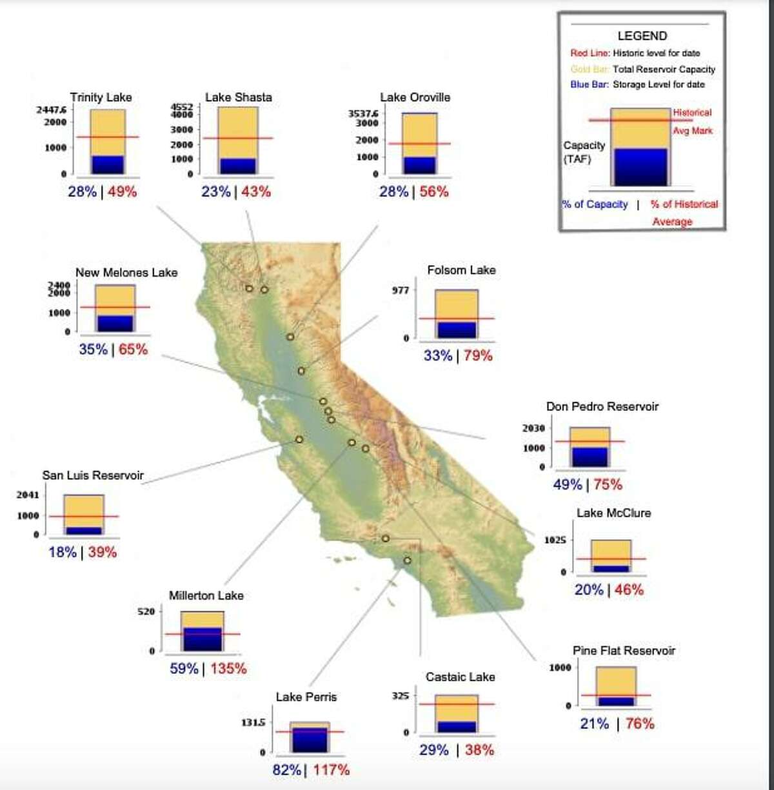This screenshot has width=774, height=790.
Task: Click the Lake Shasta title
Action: coord(238,97)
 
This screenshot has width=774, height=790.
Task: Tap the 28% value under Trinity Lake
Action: coord(82,192)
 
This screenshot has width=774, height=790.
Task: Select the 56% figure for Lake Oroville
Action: coord(434,192)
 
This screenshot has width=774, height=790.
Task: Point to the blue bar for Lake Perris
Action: coord(309,740)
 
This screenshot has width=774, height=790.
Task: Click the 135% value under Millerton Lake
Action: coord(228,669)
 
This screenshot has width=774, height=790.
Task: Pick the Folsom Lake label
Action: coord(461,270)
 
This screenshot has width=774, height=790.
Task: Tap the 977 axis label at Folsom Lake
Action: coord(401,291)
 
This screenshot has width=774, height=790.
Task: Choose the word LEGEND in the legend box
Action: coord(642,36)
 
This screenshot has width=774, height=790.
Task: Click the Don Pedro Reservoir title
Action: coord(602,406)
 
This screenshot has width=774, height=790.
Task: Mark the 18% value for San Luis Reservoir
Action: coord(63,553)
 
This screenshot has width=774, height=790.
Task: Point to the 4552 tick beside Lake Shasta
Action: coord(181,107)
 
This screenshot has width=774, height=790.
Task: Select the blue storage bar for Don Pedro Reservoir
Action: coord(590,457)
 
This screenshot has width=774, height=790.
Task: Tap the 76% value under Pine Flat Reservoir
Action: coord(640,724)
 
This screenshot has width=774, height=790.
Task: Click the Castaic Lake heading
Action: coord(460,677)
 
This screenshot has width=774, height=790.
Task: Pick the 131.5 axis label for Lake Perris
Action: coord(253,723)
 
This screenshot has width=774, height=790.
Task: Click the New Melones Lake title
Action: coord(126,273)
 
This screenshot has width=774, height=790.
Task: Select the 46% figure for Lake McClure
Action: coord(629,589)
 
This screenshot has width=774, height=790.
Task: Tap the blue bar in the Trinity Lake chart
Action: coord(107,164)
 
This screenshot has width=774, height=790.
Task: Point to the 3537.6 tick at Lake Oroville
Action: coord(363,114)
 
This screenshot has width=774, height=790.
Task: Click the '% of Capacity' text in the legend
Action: coord(595,204)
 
